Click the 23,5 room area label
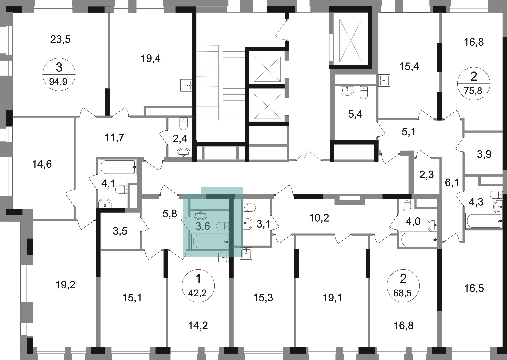tap(60, 40)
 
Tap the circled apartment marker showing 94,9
tap(59, 74)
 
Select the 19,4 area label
tap(151, 59)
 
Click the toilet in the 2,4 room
tap(184, 124)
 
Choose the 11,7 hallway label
tap(115, 137)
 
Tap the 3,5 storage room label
tap(120, 231)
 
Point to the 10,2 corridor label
tap(319, 218)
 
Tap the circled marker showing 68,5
tap(403, 286)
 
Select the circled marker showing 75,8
tap(474, 83)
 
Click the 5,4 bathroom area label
tap(355, 114)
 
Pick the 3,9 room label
tap(484, 154)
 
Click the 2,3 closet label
tap(427, 175)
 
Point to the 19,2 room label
tap(65, 285)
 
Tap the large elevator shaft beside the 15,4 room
tap(350, 40)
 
